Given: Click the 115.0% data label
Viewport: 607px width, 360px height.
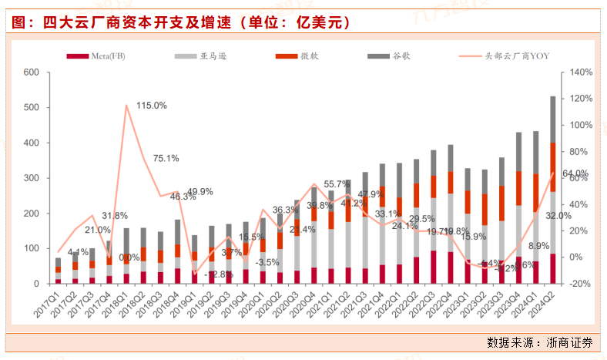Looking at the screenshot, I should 152,106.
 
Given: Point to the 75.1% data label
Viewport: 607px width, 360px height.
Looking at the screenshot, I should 166,158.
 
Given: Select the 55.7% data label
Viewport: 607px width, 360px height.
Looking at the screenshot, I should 337,184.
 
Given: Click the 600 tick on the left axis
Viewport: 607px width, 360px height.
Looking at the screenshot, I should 32,72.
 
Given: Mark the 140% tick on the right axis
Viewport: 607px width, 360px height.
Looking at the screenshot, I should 582,72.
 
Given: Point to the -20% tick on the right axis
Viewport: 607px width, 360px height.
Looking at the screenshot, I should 582,283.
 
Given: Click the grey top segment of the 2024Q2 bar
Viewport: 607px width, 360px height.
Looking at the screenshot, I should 553,119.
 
